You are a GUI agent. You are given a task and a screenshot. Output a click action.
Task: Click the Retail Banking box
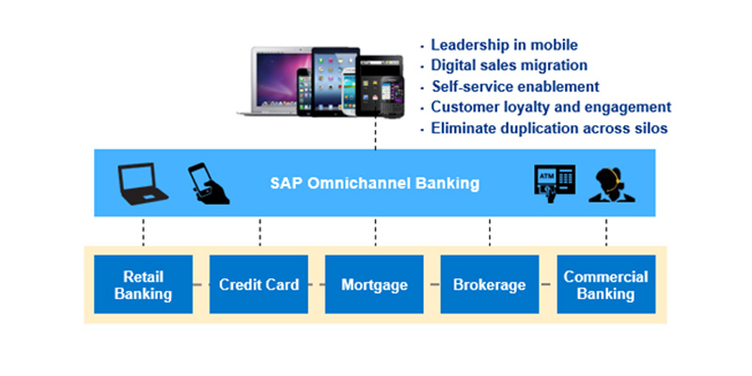point(143,284)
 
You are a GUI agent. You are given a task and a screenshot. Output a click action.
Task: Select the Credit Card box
point(258,284)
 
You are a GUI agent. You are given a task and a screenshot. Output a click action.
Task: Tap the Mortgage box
point(374,284)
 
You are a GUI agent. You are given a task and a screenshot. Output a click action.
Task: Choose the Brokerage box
point(490,284)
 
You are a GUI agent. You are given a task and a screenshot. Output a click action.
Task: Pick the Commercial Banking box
point(605,284)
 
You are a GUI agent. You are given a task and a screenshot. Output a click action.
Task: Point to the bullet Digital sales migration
point(509,66)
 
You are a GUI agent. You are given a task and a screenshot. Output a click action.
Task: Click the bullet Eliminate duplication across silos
point(549,128)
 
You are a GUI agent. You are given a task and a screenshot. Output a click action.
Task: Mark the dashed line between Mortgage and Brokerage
point(431,284)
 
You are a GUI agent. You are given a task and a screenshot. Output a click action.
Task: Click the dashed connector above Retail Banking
point(144,233)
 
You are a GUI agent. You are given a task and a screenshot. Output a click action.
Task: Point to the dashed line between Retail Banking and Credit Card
point(200,284)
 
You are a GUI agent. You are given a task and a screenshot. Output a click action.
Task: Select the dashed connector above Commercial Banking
point(606,233)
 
